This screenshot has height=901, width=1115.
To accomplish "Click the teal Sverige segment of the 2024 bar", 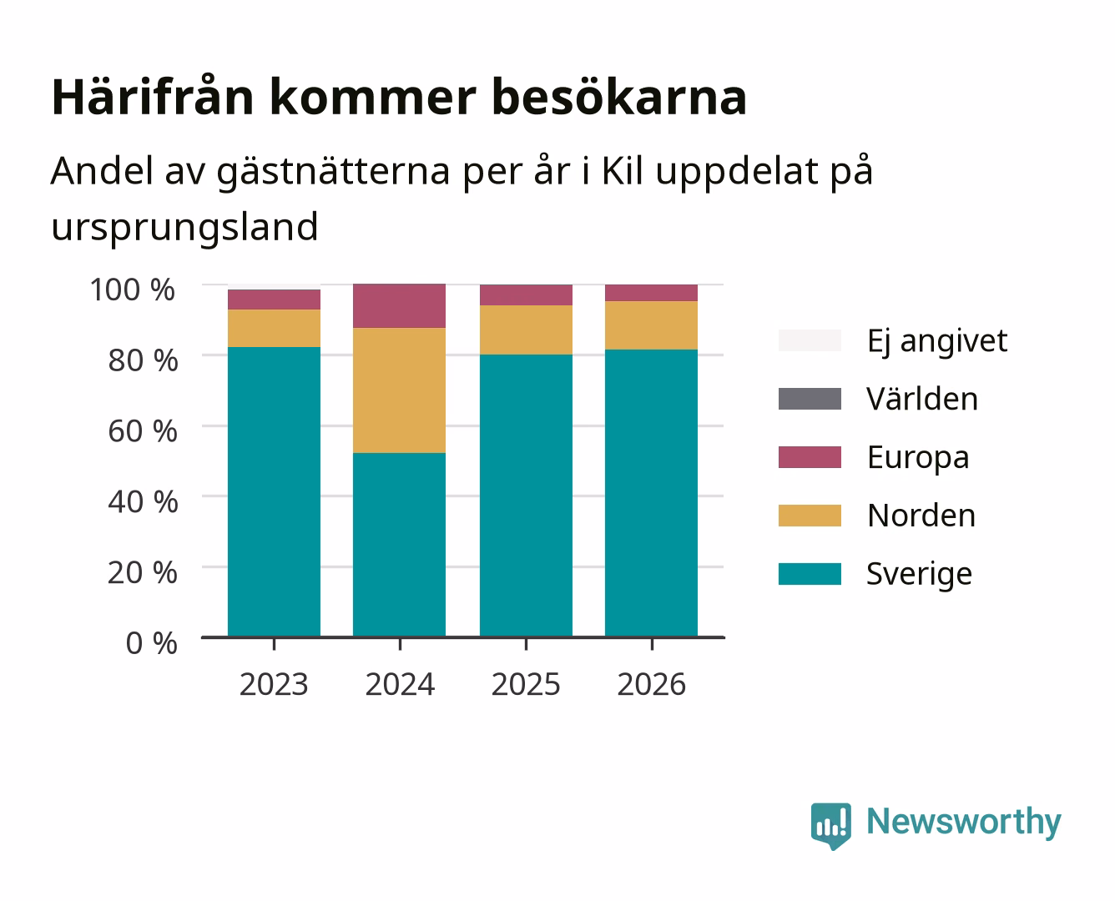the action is [x=399, y=545].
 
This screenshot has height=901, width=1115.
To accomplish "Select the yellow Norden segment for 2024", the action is [x=399, y=390].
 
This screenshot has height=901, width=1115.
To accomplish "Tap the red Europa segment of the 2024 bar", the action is [x=399, y=306].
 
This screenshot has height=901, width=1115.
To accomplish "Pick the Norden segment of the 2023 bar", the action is [x=274, y=328].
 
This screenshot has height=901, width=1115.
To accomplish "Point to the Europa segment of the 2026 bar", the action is [x=651, y=293].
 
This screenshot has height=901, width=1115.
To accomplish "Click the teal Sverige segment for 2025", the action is [x=526, y=496].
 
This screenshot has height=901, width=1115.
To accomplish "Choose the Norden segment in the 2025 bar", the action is [x=526, y=330].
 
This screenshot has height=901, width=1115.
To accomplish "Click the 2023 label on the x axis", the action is [x=274, y=684].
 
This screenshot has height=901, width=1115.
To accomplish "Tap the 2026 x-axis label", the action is [x=651, y=684].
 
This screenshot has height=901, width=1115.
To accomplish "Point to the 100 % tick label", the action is [x=132, y=289].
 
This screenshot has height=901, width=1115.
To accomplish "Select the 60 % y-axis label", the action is [x=143, y=431].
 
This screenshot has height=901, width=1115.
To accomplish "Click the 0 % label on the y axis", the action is [x=151, y=643].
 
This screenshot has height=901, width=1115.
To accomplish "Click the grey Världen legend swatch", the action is [x=810, y=399].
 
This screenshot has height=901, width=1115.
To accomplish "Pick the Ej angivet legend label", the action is [x=937, y=341].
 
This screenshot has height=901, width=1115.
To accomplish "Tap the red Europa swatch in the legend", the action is [x=810, y=457].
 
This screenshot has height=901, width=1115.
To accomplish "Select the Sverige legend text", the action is [x=919, y=575].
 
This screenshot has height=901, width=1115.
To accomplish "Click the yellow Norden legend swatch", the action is [x=810, y=516].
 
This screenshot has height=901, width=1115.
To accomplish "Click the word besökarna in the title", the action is [x=619, y=97].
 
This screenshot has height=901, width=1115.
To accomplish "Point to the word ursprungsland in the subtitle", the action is [x=184, y=227].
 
